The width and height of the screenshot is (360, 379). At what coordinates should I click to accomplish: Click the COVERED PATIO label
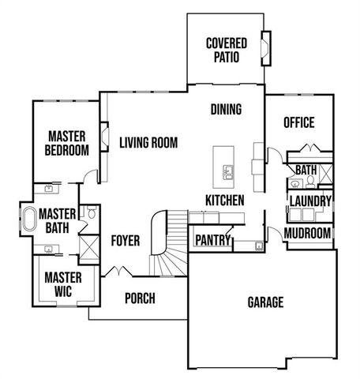[x=226, y=50]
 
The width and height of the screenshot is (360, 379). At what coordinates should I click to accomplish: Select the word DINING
[x=226, y=110]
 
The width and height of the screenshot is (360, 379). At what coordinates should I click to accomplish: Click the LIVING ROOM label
[x=148, y=143]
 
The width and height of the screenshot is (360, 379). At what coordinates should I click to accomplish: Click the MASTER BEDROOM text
[x=66, y=143]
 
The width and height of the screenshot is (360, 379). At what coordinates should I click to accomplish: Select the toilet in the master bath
[x=92, y=213]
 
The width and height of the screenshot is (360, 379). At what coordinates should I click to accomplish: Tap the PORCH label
[x=140, y=298]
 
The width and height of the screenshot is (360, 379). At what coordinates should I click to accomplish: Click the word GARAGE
[x=265, y=302]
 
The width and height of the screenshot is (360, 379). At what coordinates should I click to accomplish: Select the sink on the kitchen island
[x=228, y=171]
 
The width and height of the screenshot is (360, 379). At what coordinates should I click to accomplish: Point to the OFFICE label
[x=299, y=122]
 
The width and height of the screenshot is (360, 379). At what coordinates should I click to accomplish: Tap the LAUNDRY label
[x=309, y=201]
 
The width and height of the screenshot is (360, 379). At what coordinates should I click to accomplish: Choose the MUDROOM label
[x=308, y=234]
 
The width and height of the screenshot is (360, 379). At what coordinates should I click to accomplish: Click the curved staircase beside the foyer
[x=168, y=245]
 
